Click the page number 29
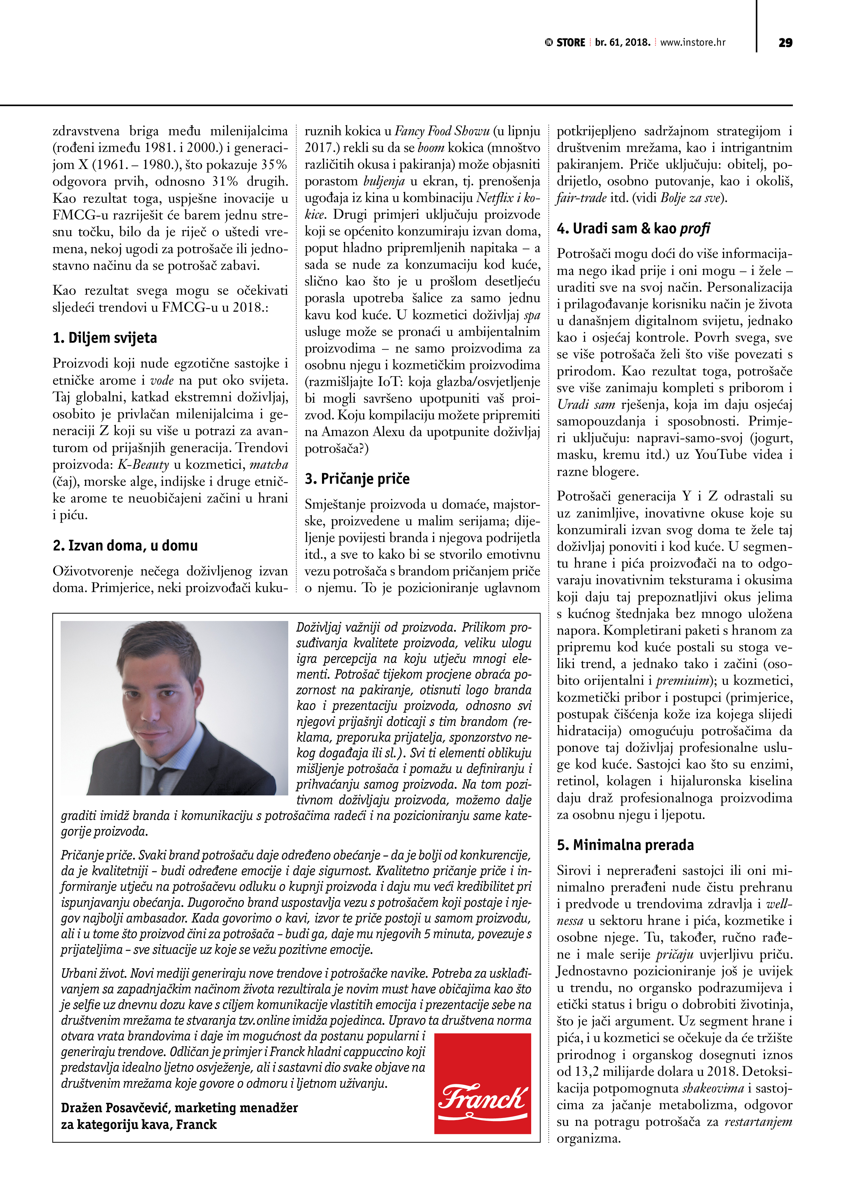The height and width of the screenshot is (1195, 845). [785, 43]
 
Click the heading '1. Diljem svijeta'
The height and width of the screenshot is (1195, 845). [105, 338]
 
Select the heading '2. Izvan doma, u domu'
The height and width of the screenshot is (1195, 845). [125, 545]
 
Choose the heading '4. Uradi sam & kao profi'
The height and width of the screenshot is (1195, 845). [633, 229]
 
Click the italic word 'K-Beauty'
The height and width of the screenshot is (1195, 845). [143, 465]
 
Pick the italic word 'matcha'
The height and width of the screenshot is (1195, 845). [268, 465]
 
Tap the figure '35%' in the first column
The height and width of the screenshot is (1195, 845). [274, 165]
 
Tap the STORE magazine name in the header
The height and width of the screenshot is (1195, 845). [571, 43]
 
